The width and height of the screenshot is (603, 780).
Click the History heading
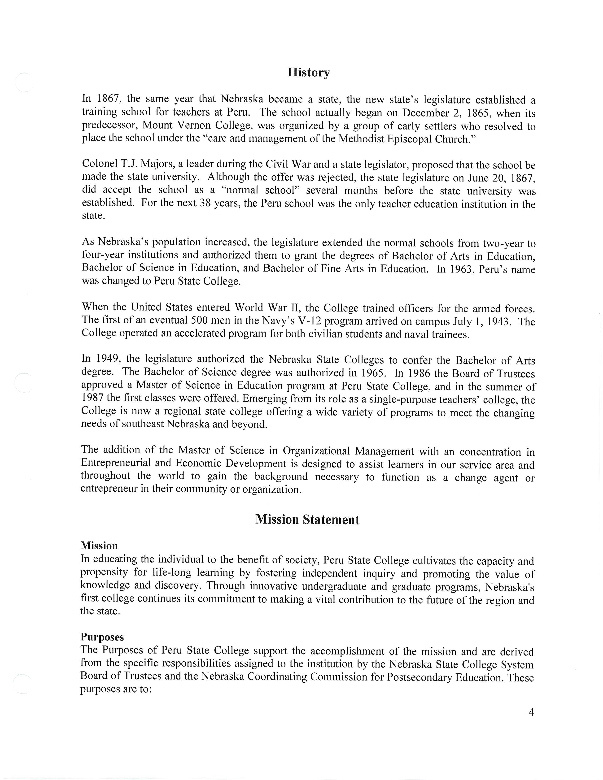pyautogui.click(x=309, y=73)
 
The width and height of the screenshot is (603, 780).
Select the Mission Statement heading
pyautogui.click(x=307, y=519)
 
